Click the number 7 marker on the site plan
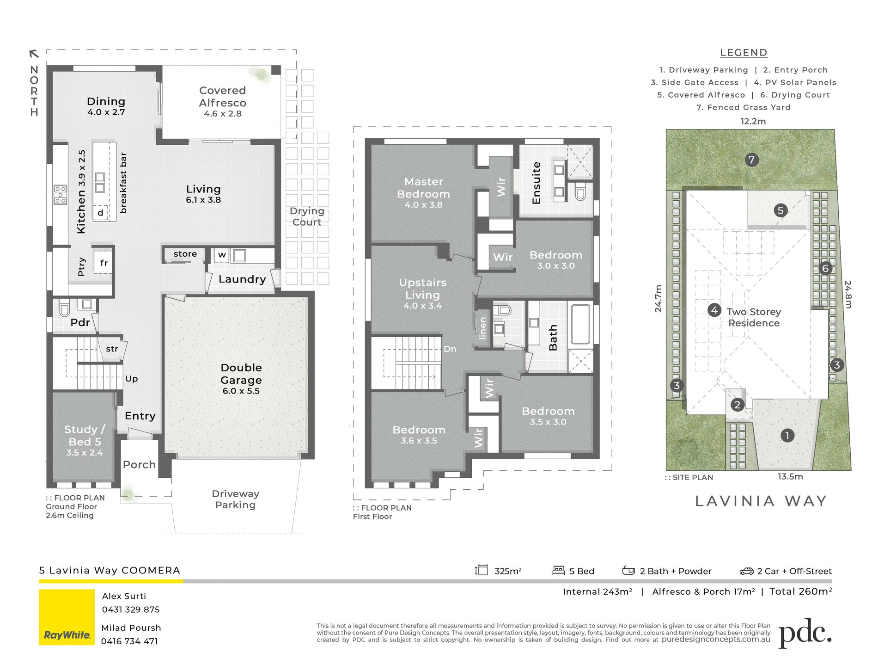click(751, 160)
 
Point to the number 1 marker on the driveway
click(787, 435)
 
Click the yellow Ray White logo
click(67, 617)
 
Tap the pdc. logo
click(805, 633)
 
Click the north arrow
click(34, 54)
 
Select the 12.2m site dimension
click(753, 121)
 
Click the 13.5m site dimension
click(790, 476)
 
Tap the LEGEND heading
click(744, 53)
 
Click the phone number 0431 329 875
click(131, 610)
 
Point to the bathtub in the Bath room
click(581, 324)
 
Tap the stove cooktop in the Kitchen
click(60, 195)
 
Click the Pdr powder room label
click(80, 322)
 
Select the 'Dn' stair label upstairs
click(450, 349)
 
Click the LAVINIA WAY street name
click(761, 501)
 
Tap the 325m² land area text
click(508, 571)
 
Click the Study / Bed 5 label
click(85, 441)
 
